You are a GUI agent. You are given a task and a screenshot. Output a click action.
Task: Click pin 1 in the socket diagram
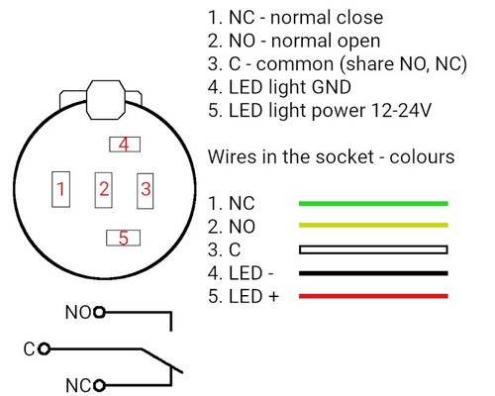pyautogui.click(x=61, y=188)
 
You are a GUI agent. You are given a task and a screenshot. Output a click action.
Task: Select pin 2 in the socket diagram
pyautogui.click(x=103, y=188)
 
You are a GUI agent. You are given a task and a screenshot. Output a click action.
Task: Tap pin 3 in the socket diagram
pyautogui.click(x=145, y=188)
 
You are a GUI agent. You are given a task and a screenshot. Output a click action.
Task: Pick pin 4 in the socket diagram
pyautogui.click(x=123, y=145)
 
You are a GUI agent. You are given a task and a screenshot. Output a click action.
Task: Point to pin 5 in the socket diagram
pyautogui.click(x=123, y=238)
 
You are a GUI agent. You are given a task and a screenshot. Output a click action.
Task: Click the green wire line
pyautogui.click(x=372, y=203)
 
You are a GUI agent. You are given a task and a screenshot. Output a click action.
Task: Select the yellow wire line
pyautogui.click(x=372, y=227)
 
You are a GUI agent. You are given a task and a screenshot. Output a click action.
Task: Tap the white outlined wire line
pyautogui.click(x=372, y=249)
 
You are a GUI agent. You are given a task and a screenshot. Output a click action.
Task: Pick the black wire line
pyautogui.click(x=372, y=273)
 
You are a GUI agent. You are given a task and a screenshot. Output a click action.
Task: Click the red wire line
pyautogui.click(x=372, y=296)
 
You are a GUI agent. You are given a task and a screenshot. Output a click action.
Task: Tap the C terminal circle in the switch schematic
pyautogui.click(x=44, y=348)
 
